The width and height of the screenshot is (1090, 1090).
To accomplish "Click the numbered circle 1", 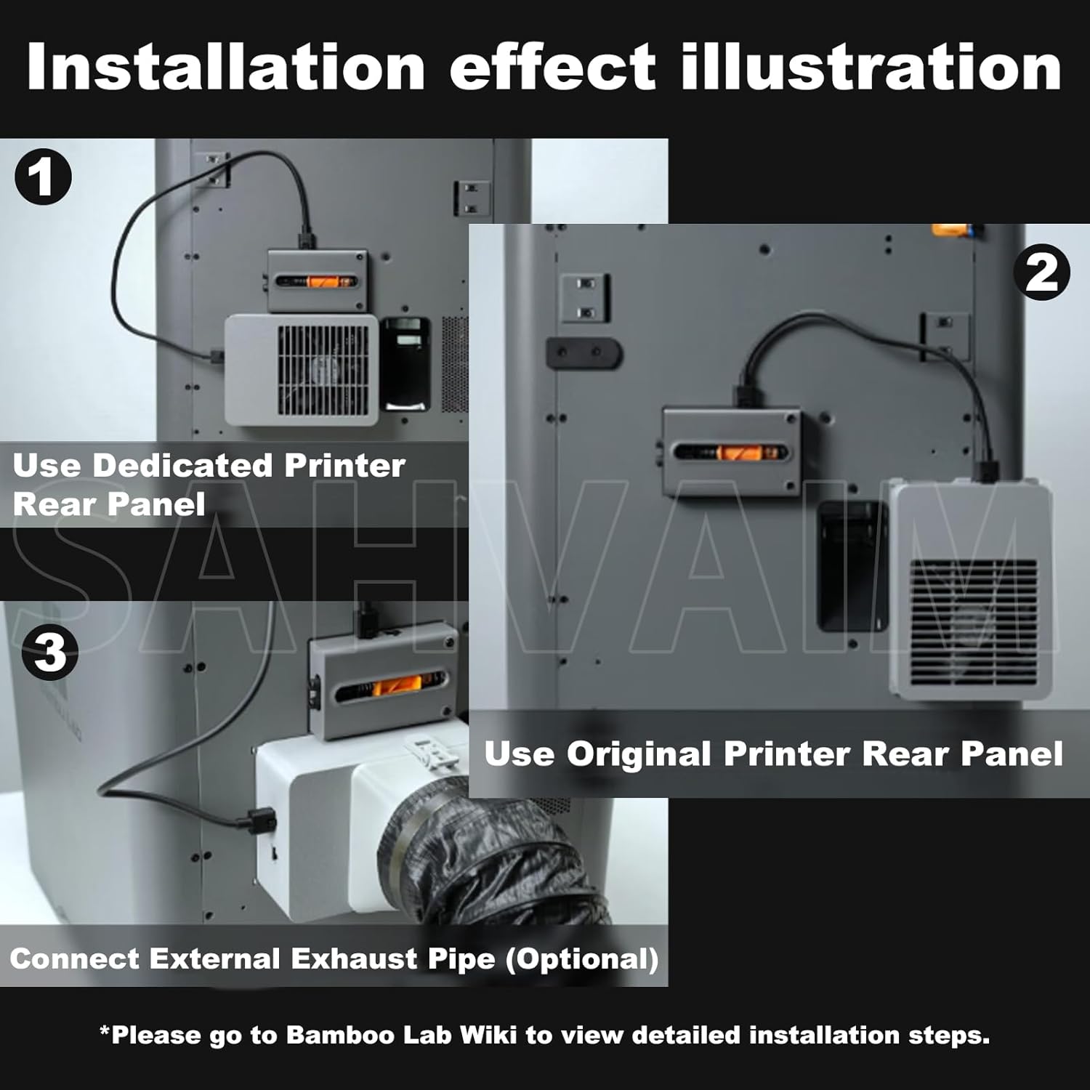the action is [x=44, y=177].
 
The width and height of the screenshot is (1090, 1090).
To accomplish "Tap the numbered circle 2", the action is [x=1042, y=272].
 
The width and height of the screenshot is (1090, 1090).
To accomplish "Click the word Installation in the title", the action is [x=225, y=67].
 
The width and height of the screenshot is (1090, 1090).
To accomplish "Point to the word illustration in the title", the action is [x=871, y=67].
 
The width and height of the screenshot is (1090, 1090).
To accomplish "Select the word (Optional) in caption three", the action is [x=582, y=959].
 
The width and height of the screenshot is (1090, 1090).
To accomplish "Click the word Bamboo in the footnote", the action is [x=331, y=1035].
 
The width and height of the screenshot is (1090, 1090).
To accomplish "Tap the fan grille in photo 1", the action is [x=323, y=370].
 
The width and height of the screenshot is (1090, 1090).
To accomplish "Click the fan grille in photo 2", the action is [x=974, y=621].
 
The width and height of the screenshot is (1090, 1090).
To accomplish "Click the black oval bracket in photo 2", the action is [x=584, y=353].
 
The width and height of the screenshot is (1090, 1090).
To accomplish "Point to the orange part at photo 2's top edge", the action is [x=952, y=230].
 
